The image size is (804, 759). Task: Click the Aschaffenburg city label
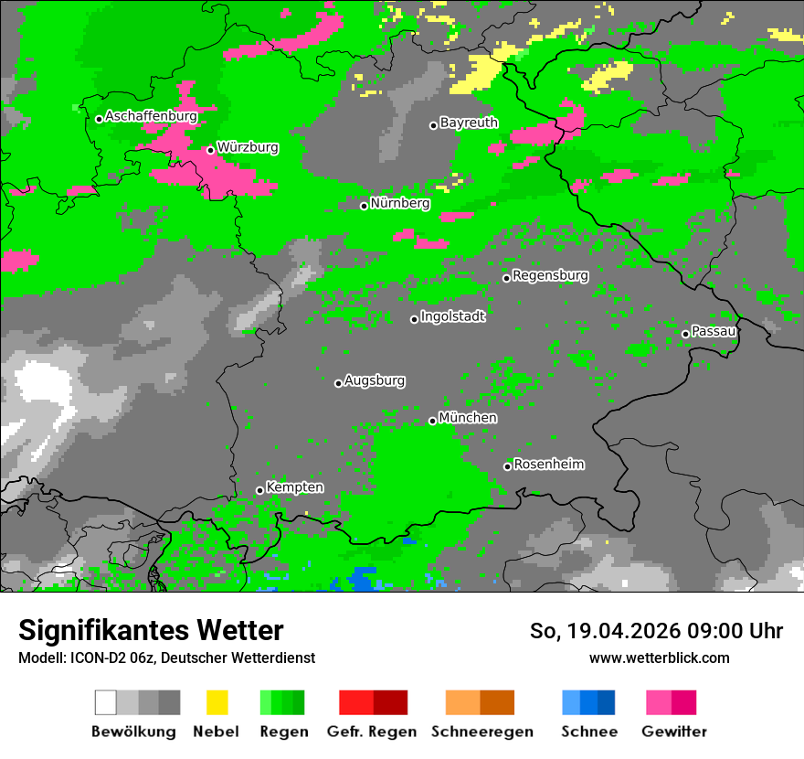point(151,116)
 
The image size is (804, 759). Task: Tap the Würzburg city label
point(248,147)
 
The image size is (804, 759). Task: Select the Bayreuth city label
point(469,123)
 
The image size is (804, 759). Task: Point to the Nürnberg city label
point(399,203)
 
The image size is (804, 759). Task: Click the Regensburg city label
point(550,275)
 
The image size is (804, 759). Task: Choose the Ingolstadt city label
point(452,316)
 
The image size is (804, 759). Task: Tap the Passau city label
point(714,331)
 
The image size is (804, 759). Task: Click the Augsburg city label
point(375,380)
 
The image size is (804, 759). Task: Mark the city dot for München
point(432,421)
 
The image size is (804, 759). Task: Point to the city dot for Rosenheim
point(507,466)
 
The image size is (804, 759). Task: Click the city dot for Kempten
point(259,490)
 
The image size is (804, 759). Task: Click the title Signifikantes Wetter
point(151,630)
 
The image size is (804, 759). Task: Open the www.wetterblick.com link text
point(659,657)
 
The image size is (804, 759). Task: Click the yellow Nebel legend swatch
point(217,702)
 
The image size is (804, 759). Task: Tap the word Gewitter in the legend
point(674,732)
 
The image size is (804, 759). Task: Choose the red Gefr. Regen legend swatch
point(355,702)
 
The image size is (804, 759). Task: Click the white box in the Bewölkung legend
point(106,702)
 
